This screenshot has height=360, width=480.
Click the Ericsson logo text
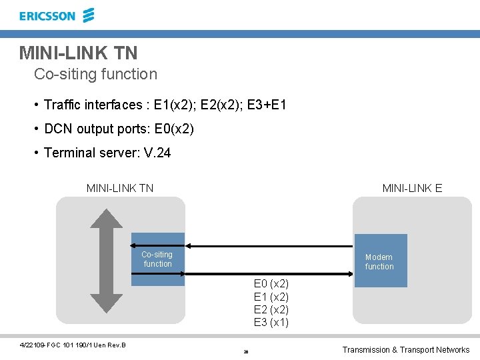pyautogui.click(x=47, y=16)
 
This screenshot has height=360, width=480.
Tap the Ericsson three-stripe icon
pyautogui.click(x=88, y=15)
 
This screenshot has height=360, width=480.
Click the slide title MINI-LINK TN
pyautogui.click(x=79, y=53)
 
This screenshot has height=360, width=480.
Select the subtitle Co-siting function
pyautogui.click(x=95, y=74)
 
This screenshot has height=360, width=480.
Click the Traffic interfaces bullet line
pyautogui.click(x=165, y=105)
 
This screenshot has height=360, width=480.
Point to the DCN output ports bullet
pyautogui.click(x=119, y=129)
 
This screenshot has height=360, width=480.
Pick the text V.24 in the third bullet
pyautogui.click(x=157, y=153)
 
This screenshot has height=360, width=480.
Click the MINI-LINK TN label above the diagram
pyautogui.click(x=120, y=188)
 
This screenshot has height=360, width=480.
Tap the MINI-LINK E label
pyautogui.click(x=412, y=188)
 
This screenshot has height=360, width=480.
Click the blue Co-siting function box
pyautogui.click(x=157, y=259)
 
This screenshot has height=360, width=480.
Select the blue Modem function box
pyautogui.click(x=380, y=261)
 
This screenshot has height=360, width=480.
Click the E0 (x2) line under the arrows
pyautogui.click(x=271, y=285)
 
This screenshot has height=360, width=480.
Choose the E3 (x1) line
pyautogui.click(x=271, y=323)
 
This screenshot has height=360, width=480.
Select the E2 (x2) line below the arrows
pyautogui.click(x=271, y=310)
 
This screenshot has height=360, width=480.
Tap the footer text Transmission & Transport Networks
pyautogui.click(x=405, y=350)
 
